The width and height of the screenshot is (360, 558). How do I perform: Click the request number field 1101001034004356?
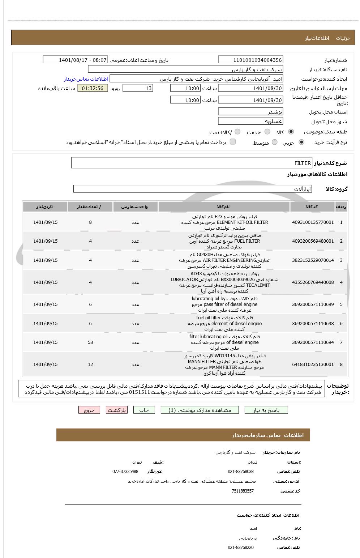[x=250, y=60]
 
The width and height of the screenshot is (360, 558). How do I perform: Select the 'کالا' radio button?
[x=291, y=132]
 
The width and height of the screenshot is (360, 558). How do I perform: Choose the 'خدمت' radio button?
[x=267, y=132]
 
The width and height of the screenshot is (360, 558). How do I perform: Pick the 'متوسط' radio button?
[x=275, y=142]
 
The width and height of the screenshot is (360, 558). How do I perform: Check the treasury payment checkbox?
[x=233, y=142]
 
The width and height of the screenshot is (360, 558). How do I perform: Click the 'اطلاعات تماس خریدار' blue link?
[x=86, y=79]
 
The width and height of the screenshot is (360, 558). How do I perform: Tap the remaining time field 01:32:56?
[x=93, y=88]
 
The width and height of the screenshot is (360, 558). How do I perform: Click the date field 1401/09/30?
[x=250, y=100]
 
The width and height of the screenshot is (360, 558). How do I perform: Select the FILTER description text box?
[x=192, y=163]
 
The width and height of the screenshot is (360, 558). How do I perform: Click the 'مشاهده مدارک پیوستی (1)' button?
[x=200, y=410]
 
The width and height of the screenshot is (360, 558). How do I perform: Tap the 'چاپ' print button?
[x=144, y=410]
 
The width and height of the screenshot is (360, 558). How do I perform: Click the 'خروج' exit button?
[x=89, y=410]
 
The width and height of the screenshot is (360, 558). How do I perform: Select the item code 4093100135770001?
[x=313, y=222]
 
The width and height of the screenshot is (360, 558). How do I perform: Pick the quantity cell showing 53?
[x=90, y=342]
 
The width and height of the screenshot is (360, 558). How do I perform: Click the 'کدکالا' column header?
[x=312, y=207]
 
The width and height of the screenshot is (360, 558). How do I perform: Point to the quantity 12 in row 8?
[x=90, y=365]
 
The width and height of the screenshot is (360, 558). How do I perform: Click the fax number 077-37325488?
[x=125, y=472]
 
